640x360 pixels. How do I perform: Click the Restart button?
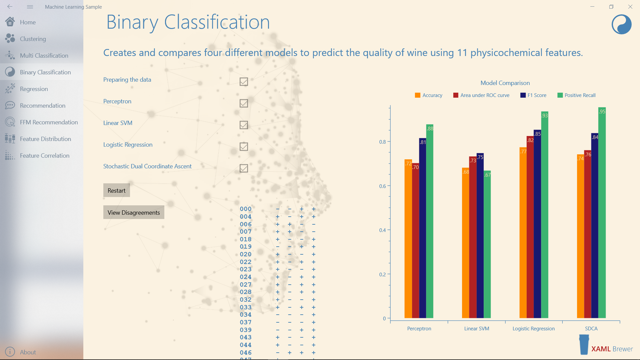[x=116, y=190]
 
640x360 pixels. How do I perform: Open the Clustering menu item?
[x=33, y=39]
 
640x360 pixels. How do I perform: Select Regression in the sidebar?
[x=34, y=89]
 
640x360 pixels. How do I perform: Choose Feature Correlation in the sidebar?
[x=44, y=156]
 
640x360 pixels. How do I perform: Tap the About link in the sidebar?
[x=28, y=352]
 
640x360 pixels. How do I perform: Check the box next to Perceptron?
[x=244, y=103]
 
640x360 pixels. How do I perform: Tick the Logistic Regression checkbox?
[x=244, y=147]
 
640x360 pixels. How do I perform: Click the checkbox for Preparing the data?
[x=244, y=82]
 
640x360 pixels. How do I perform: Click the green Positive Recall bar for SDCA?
[x=602, y=213]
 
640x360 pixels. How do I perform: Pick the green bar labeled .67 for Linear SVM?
[x=487, y=245]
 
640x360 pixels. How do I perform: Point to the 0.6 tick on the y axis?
[x=382, y=186]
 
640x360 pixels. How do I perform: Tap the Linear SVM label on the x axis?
[x=477, y=329]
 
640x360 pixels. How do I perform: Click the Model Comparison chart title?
[x=505, y=83]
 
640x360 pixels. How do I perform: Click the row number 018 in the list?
[x=246, y=239]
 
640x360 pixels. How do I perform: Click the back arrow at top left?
[x=10, y=7]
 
